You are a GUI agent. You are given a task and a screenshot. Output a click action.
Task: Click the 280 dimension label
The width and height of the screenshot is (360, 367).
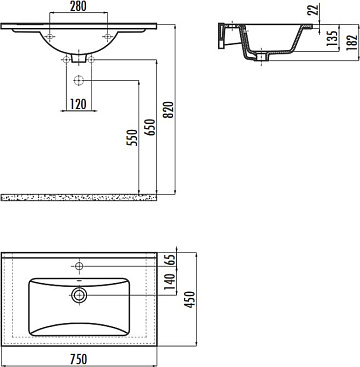pyautogui.click(x=78, y=6)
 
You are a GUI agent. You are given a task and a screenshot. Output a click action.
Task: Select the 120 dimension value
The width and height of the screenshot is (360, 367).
pyautogui.click(x=78, y=104)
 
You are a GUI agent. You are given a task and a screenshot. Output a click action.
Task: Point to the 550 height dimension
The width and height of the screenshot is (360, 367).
pyautogui.click(x=132, y=138)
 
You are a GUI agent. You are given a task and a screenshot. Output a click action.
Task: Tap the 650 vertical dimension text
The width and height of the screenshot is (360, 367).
pyautogui.click(x=150, y=127)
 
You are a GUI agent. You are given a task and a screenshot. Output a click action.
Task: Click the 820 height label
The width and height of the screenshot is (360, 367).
pyautogui.click(x=169, y=109)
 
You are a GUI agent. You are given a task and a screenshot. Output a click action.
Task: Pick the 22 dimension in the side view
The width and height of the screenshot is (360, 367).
pyautogui.click(x=313, y=9)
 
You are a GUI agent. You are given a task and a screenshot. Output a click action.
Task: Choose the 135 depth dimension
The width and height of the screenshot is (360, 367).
pyautogui.click(x=331, y=38)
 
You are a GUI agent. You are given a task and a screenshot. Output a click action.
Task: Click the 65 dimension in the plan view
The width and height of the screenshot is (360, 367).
pyautogui.click(x=170, y=260)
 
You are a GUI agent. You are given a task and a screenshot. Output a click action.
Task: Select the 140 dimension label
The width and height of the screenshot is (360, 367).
pyautogui.click(x=170, y=281)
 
